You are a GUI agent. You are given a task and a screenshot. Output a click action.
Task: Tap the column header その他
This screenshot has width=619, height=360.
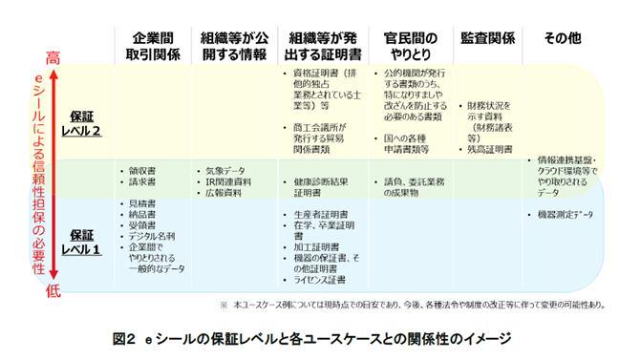[562, 37]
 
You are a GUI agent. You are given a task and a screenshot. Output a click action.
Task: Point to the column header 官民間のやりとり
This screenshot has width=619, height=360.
[409, 45]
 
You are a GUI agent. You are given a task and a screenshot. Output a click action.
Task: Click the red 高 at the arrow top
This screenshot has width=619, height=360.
[53, 57]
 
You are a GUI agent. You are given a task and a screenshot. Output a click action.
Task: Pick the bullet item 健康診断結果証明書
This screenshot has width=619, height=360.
[316, 185]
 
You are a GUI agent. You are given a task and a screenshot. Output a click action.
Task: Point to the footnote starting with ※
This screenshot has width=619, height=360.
[412, 305]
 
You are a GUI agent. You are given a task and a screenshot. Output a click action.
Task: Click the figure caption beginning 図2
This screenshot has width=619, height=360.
[311, 338]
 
